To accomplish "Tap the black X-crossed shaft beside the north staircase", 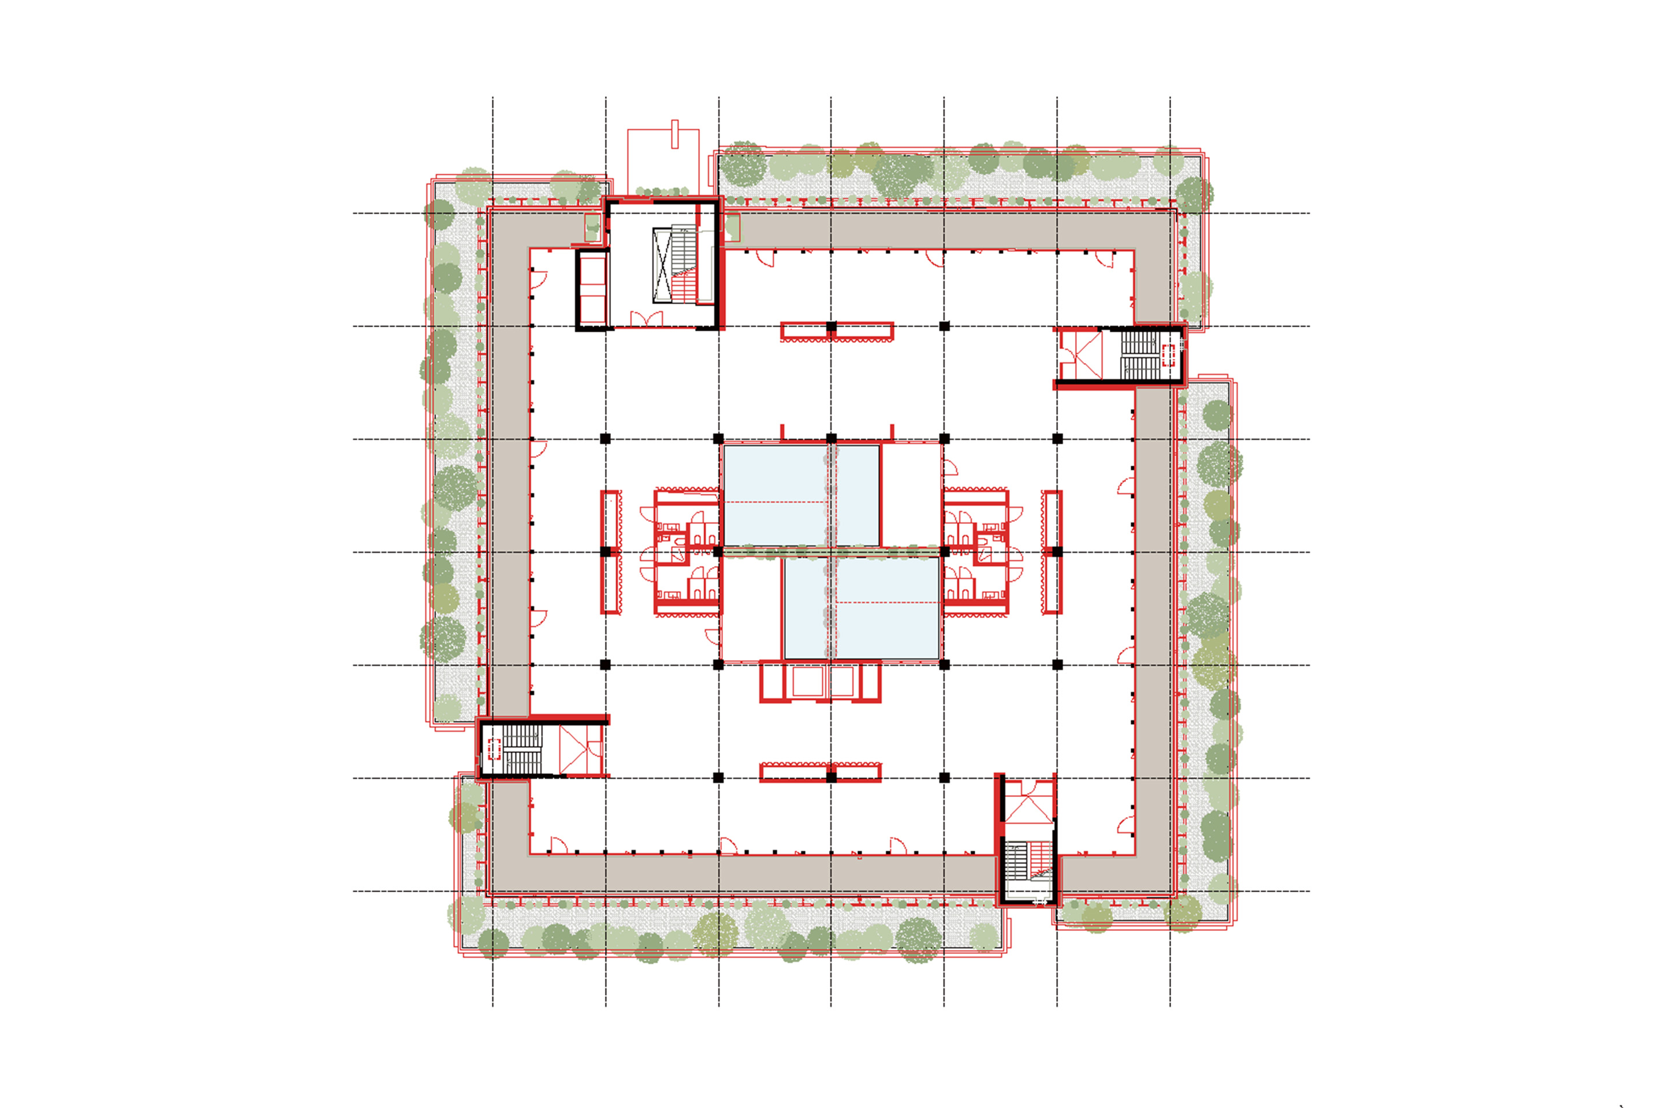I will [x=662, y=265].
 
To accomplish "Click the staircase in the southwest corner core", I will [x=523, y=749].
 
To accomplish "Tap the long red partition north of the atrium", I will [x=837, y=331].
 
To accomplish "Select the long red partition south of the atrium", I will [x=820, y=772].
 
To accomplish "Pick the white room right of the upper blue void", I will [x=911, y=495].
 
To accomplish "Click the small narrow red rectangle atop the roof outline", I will [x=674, y=134].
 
